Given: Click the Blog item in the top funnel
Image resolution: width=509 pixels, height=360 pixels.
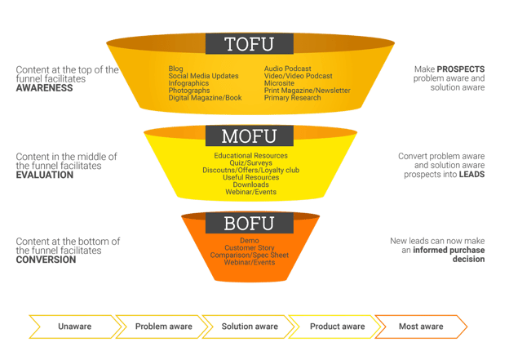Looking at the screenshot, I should (175, 69).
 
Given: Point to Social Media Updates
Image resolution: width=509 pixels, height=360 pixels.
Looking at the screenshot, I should (203, 76).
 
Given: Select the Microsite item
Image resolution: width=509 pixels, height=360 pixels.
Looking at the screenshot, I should (280, 82).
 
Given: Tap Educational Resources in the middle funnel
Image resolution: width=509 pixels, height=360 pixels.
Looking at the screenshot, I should (250, 155).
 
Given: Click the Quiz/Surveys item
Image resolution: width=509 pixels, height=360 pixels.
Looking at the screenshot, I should (250, 162).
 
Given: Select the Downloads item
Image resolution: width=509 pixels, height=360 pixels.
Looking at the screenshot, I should (250, 184).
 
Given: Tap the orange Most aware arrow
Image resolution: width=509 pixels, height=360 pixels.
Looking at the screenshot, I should (420, 327).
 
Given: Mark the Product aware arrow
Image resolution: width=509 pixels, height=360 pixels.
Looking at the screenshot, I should (335, 327).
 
